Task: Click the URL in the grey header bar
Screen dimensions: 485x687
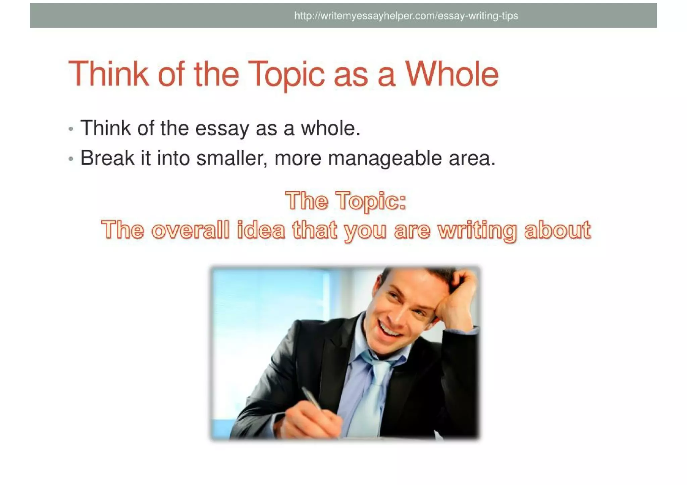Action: (x=406, y=16)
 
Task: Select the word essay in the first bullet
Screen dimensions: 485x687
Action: (x=222, y=129)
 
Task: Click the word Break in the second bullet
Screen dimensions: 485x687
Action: (x=107, y=158)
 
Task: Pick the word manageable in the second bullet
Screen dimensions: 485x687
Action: (x=385, y=159)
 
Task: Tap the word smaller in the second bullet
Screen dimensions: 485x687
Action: (x=232, y=158)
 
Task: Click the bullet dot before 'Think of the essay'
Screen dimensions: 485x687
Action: (x=70, y=129)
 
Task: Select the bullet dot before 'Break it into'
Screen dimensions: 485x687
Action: (x=70, y=159)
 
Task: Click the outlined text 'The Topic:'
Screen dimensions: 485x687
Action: (x=346, y=201)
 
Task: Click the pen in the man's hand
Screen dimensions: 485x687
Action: (x=312, y=399)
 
